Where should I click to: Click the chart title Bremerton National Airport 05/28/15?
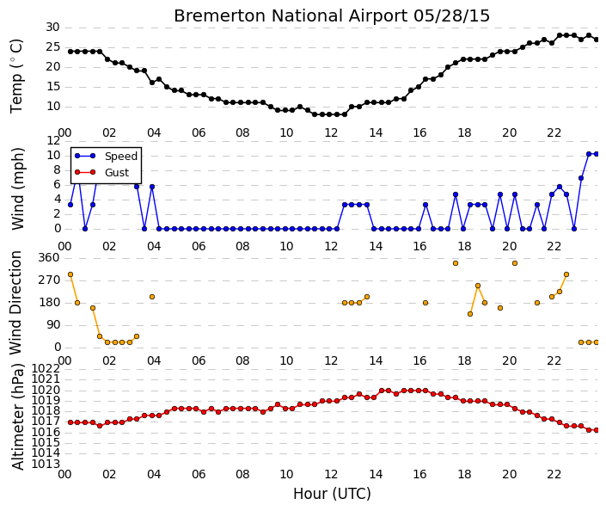coord(332,15)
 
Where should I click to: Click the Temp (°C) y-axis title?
coord(16,77)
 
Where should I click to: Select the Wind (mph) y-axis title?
coord(17,188)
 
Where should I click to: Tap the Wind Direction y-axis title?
coord(15,303)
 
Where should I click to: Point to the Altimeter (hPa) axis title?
coord(17,416)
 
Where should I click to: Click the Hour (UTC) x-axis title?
coord(332,494)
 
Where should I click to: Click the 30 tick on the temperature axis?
coord(53,28)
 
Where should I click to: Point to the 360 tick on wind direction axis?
coord(50,258)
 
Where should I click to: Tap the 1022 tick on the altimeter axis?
coord(46,369)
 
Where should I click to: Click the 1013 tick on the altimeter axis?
coord(46,464)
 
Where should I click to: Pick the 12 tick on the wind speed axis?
coord(53,140)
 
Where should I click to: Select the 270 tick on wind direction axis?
coord(50,280)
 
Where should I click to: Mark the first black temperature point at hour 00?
coord(70,52)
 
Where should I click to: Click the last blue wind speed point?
coord(596,154)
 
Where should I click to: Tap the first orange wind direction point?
coord(70,274)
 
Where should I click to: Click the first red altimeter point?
coord(70,422)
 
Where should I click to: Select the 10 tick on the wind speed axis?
coord(53,156)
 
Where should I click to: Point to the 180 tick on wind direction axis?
coord(50,303)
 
